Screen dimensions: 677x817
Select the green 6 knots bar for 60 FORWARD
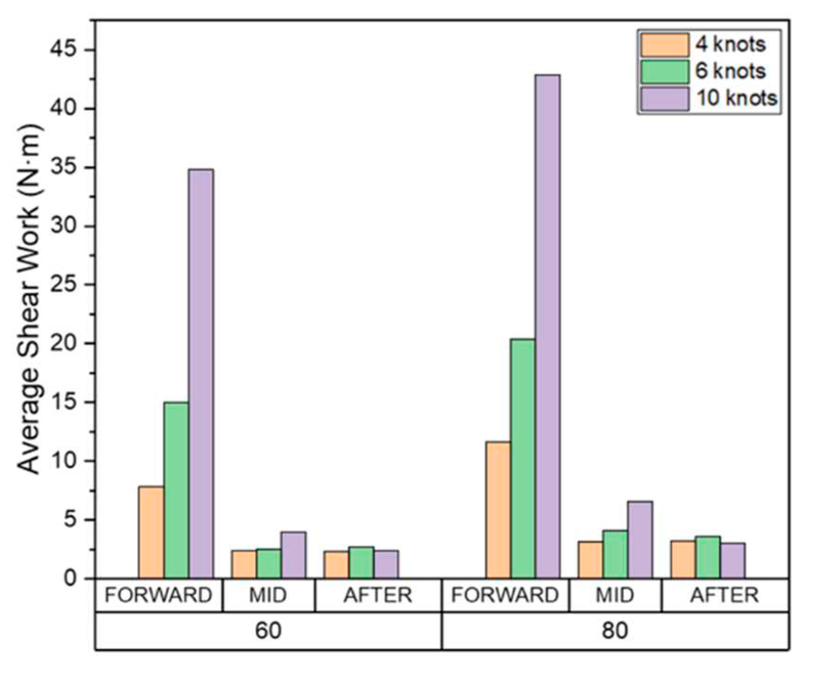[x=176, y=490]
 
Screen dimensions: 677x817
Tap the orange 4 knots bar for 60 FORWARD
[x=151, y=532]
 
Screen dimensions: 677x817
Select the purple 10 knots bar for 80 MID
[x=640, y=539]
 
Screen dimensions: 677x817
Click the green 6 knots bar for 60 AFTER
[x=361, y=562]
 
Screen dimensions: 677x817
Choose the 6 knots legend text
[x=730, y=71]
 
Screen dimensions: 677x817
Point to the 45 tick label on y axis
[x=71, y=50]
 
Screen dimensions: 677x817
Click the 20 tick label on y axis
[x=71, y=344]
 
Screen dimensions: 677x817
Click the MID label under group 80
[x=615, y=595]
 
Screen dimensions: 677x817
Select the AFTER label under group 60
[x=378, y=595]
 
